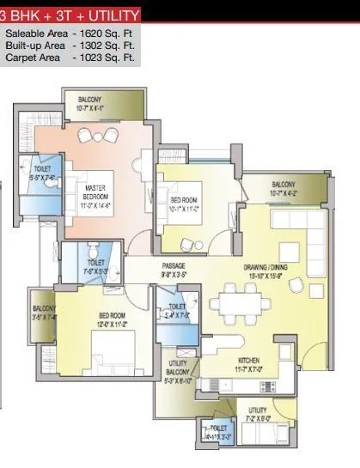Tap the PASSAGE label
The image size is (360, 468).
174,266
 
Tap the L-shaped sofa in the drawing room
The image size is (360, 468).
296,228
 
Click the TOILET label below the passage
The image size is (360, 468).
177,307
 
